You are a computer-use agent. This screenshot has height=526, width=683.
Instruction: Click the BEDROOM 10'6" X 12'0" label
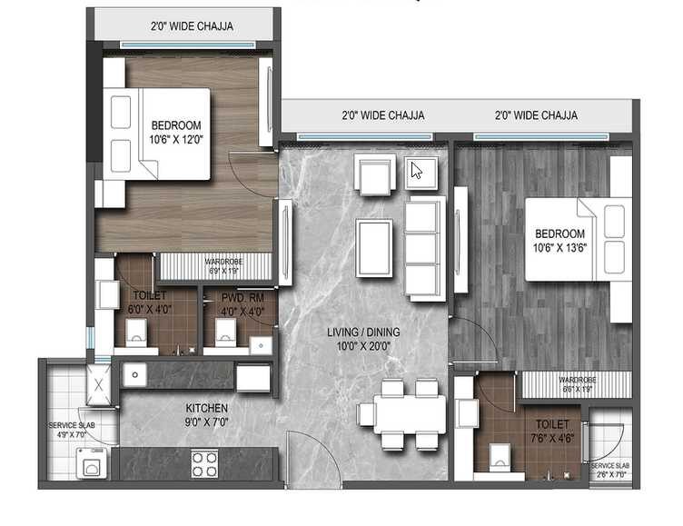[176, 132]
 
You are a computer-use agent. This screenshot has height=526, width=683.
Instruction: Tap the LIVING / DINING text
[363, 339]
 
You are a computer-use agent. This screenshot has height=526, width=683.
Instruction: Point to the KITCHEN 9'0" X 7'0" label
[207, 414]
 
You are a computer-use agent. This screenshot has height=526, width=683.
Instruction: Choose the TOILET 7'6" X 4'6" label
[551, 431]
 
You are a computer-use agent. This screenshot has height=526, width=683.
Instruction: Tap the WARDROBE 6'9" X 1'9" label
[214, 266]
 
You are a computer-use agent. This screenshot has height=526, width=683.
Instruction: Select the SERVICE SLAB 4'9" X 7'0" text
[72, 430]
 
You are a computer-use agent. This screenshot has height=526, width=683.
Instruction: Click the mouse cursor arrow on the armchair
[418, 171]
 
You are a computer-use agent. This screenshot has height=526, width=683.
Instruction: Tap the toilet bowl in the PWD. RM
[224, 331]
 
